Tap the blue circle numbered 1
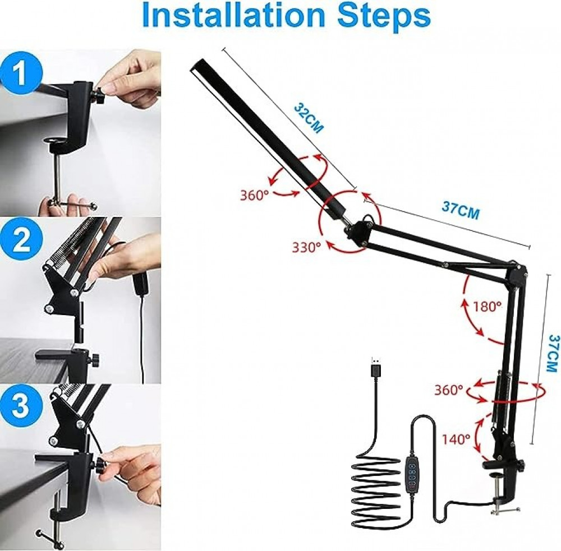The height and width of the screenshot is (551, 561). pyautogui.click(x=21, y=73)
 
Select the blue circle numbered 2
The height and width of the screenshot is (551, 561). pyautogui.click(x=21, y=239)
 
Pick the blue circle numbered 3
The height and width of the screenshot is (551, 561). pyautogui.click(x=21, y=406)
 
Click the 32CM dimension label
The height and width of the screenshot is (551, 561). pyautogui.click(x=309, y=118)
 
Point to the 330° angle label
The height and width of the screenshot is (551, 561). pyautogui.click(x=306, y=247)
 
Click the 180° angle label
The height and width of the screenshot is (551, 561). pyautogui.click(x=488, y=306)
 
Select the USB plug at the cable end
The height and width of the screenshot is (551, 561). pyautogui.click(x=375, y=368)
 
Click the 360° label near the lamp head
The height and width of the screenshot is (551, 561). pyautogui.click(x=254, y=196)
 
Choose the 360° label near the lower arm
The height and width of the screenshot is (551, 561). pyautogui.click(x=449, y=390)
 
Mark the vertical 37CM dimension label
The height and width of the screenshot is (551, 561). pyautogui.click(x=553, y=353)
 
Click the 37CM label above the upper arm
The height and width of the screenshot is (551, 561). pyautogui.click(x=461, y=211)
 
